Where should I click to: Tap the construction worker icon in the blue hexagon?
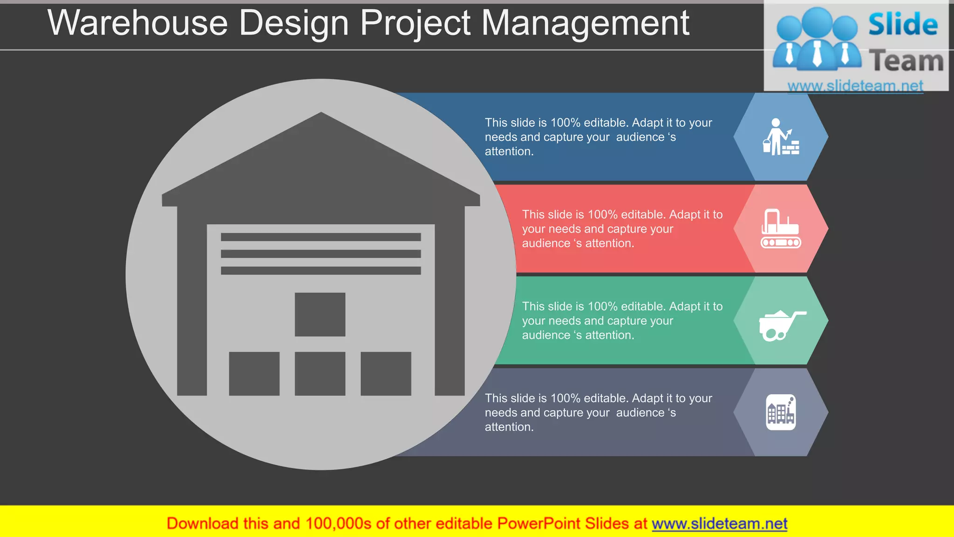[780, 137]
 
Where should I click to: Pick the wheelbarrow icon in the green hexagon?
[781, 325]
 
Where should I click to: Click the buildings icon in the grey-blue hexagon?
[781, 412]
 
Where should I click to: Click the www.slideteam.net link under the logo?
[855, 86]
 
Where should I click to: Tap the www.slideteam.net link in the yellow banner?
[719, 523]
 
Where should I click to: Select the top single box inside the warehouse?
[320, 314]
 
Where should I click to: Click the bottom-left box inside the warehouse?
[254, 373]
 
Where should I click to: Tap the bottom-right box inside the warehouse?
[386, 373]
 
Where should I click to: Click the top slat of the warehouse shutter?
[320, 237]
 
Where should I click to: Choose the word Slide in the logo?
[903, 24]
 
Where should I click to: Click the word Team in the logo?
[906, 61]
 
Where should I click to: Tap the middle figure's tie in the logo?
[817, 54]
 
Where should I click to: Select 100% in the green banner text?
[602, 306]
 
